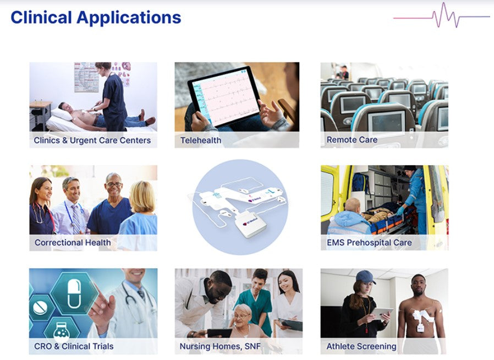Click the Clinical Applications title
pos(96,18)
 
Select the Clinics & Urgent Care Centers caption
pos(92,140)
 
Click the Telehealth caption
pos(201,140)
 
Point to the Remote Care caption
pos(352,140)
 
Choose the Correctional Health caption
pos(73,242)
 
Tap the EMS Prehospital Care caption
pos(369,242)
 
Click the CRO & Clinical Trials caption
pos(74,346)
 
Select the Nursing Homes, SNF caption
pos(220,346)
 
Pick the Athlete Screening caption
pos(361,346)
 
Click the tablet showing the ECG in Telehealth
pos(224,96)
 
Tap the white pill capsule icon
pos(74,294)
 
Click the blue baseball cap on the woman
pos(365,276)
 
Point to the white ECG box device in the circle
pos(250,225)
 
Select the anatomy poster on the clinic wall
pos(86,77)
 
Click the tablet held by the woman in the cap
pos(381,313)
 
